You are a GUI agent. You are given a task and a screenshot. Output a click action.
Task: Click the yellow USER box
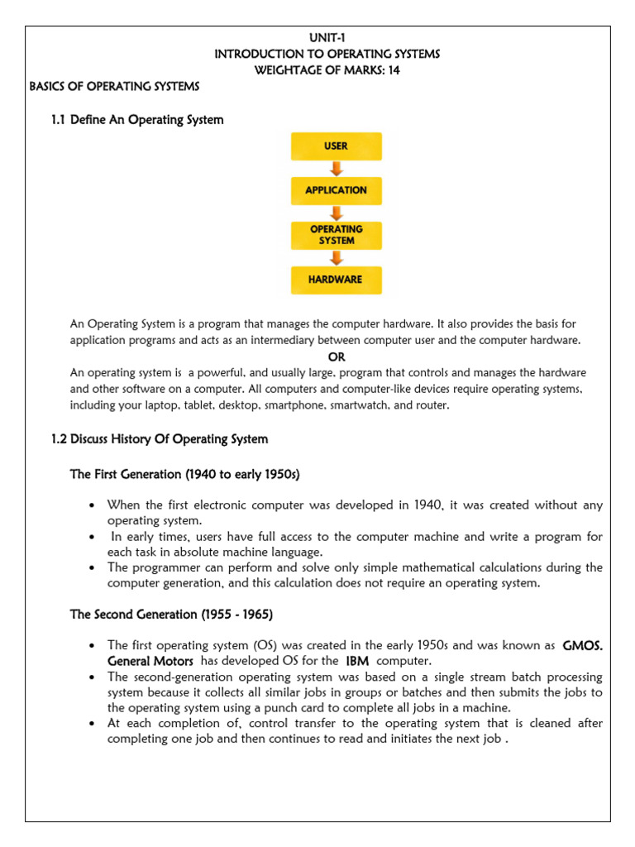336,146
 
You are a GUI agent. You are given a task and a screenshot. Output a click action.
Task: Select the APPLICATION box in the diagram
336,190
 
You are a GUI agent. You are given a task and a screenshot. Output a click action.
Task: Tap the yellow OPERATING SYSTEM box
336,235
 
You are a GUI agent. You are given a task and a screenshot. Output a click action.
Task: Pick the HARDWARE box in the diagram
336,280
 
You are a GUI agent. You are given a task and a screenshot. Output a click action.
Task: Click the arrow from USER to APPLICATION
337,169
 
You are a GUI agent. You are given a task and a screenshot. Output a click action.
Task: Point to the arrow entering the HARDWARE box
337,257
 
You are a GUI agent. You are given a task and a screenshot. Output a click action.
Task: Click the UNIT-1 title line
327,38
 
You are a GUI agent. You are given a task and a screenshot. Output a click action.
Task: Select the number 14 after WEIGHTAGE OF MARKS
394,69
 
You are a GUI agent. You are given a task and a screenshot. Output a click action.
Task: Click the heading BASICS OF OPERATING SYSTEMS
114,86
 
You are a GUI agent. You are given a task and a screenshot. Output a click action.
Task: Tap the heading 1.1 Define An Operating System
137,120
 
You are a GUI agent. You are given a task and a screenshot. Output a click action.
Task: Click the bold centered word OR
337,357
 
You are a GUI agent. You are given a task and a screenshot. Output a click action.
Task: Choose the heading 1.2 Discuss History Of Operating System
160,438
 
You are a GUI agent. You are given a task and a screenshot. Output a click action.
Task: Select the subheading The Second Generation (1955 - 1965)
171,615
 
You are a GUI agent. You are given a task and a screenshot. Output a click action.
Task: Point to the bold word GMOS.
582,645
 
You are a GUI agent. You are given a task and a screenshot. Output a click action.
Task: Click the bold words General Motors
150,661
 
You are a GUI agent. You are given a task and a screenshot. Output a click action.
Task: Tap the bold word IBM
357,661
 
